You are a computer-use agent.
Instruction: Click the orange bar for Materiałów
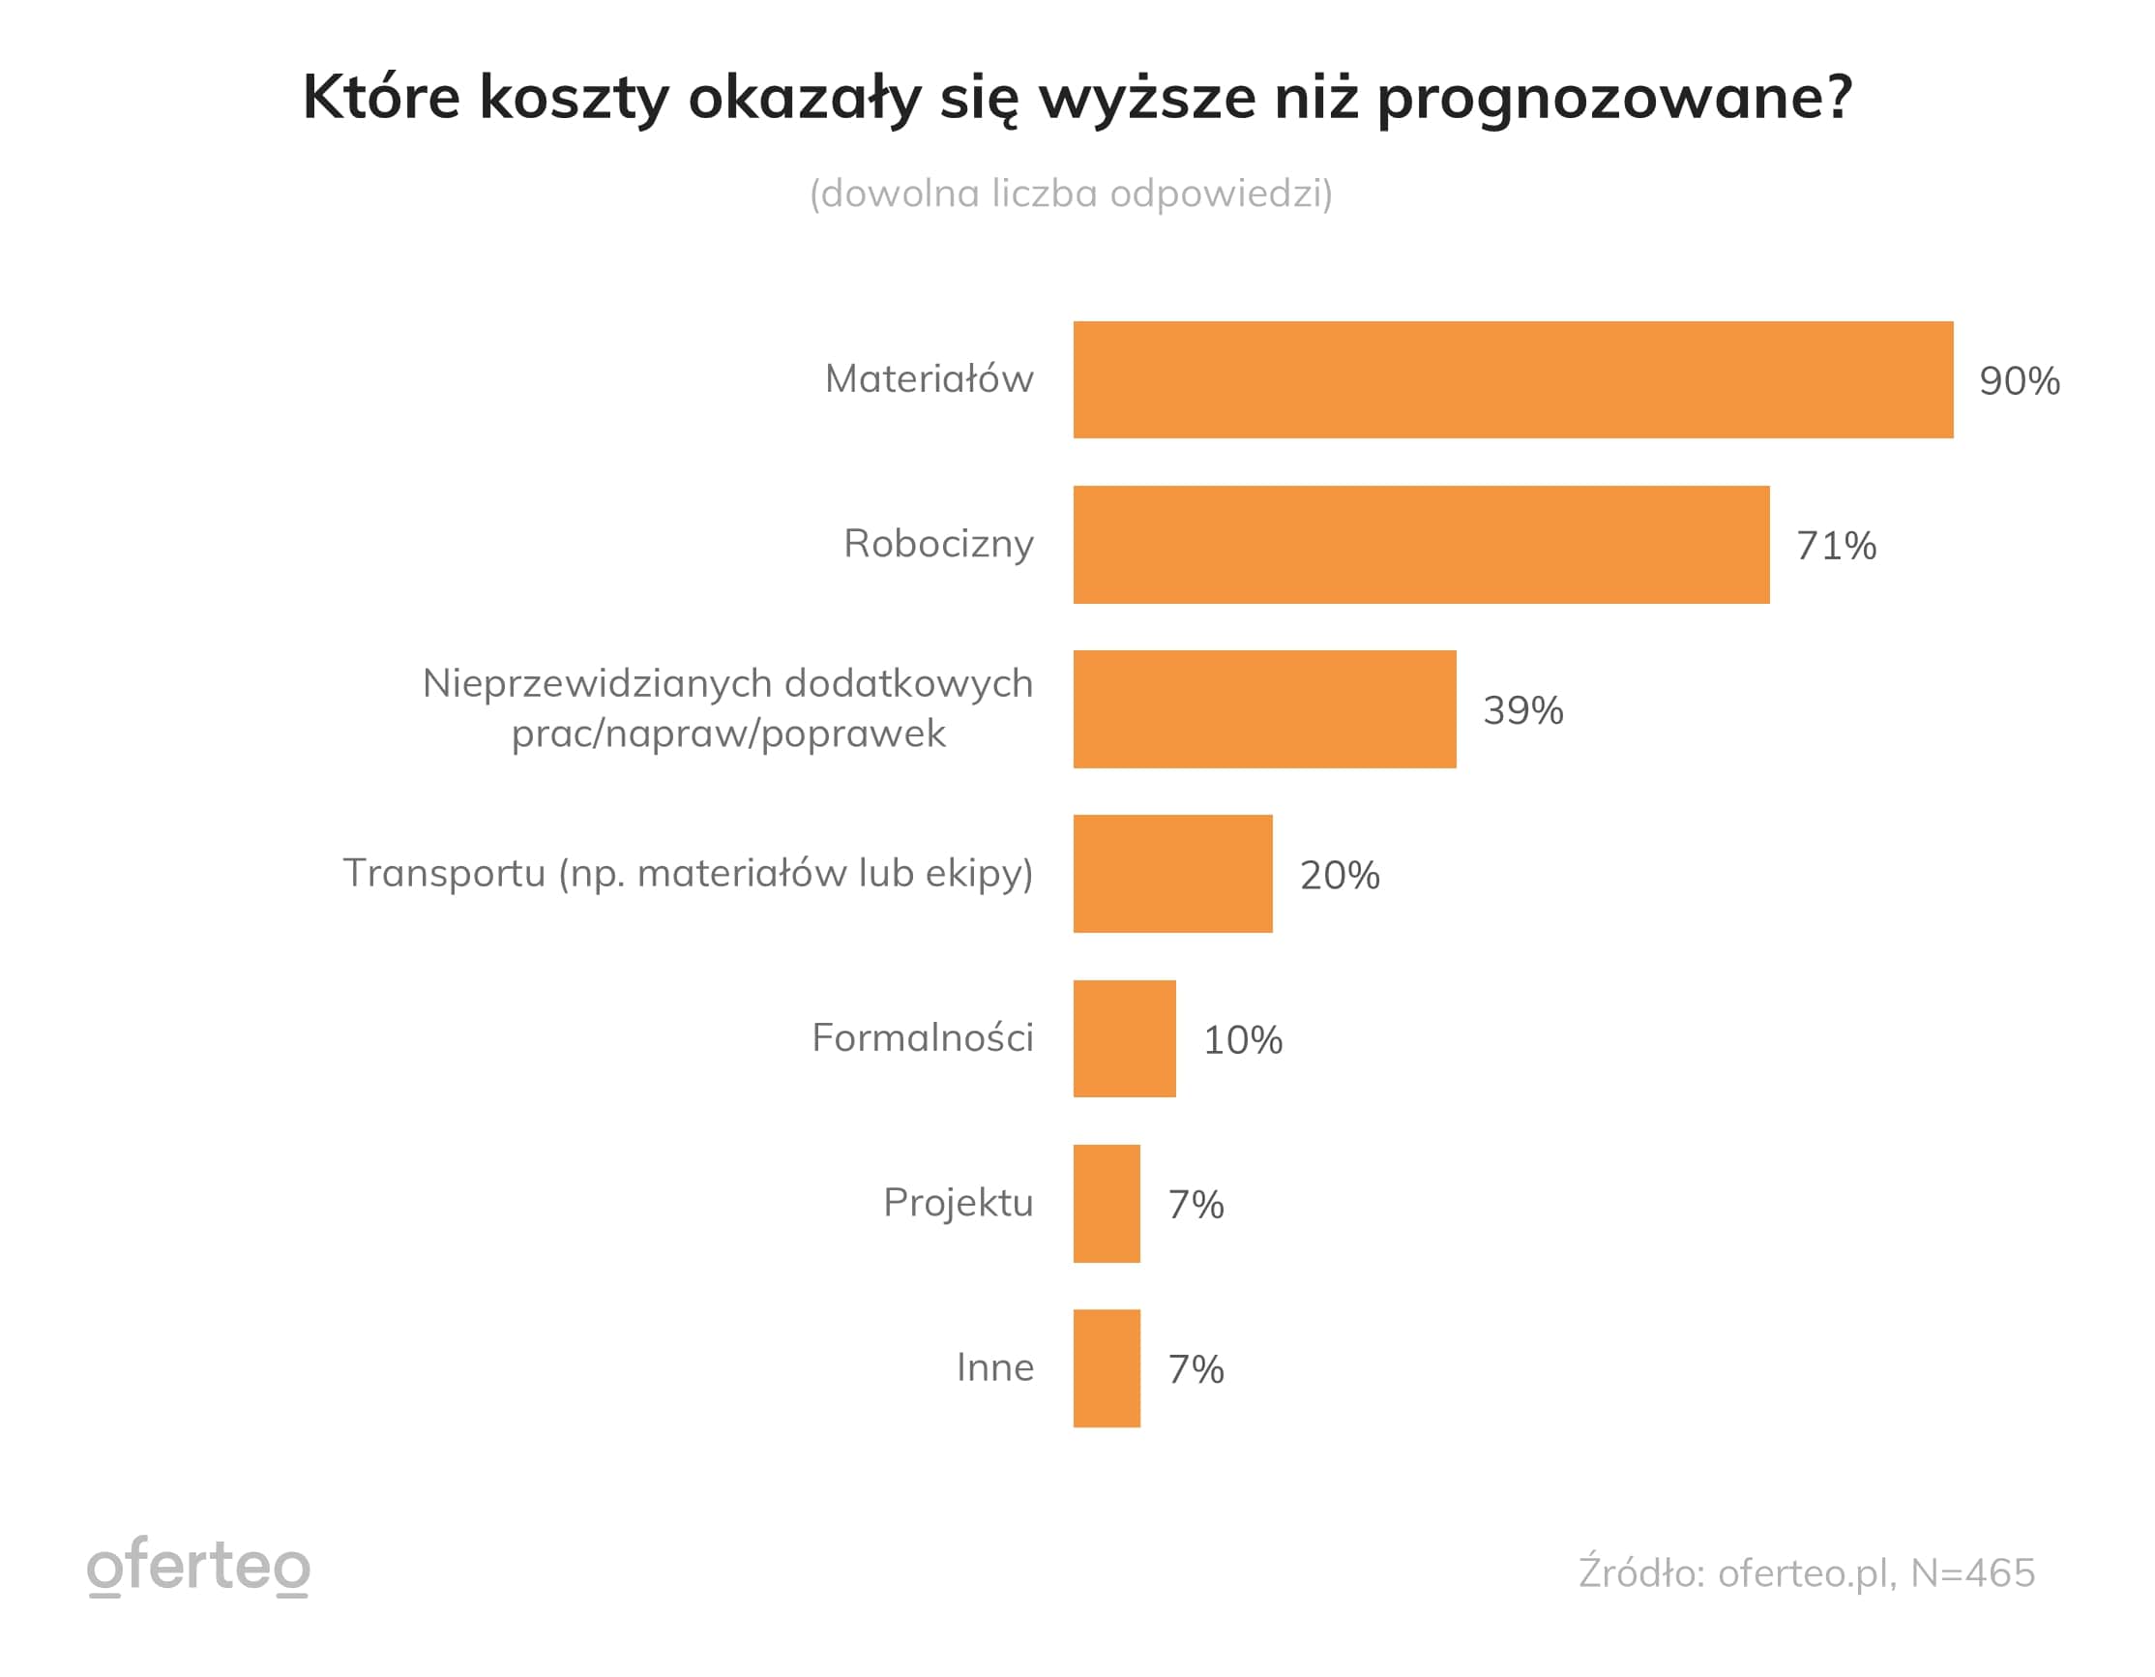tap(1513, 380)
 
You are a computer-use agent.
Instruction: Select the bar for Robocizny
tap(1421, 545)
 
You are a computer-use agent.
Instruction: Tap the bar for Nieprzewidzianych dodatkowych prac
tap(1264, 708)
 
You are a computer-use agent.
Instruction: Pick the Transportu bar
tap(1172, 874)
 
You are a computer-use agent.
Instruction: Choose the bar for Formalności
tap(1124, 1038)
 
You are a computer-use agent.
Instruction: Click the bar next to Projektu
tap(1107, 1203)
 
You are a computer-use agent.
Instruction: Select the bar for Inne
tap(1107, 1368)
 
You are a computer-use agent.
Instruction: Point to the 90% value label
tap(2019, 381)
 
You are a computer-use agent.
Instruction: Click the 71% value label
tap(1835, 546)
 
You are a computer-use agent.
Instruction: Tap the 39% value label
tap(1522, 710)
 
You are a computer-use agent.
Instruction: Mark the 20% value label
tap(1339, 876)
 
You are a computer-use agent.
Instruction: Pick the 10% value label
tap(1242, 1040)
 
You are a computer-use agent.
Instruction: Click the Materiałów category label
tap(929, 379)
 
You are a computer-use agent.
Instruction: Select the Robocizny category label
tap(938, 544)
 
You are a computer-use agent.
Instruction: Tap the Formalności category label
tap(923, 1038)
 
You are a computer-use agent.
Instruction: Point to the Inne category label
tap(994, 1368)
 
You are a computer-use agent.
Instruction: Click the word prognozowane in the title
tap(1614, 99)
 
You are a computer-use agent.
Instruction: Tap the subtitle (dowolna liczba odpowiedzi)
tap(1071, 194)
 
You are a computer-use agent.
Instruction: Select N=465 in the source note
tap(1972, 1573)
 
